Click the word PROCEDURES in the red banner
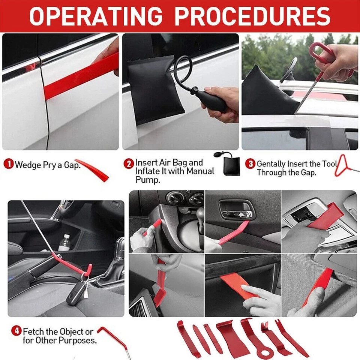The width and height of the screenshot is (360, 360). click(252, 16)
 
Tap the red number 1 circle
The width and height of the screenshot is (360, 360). click(9, 164)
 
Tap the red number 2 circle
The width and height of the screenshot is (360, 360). click(129, 164)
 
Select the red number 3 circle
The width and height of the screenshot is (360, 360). click(250, 164)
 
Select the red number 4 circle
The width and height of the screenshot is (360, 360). click(16, 331)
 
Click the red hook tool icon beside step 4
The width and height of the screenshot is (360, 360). click(112, 337)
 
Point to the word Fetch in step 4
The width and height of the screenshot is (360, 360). click(34, 332)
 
